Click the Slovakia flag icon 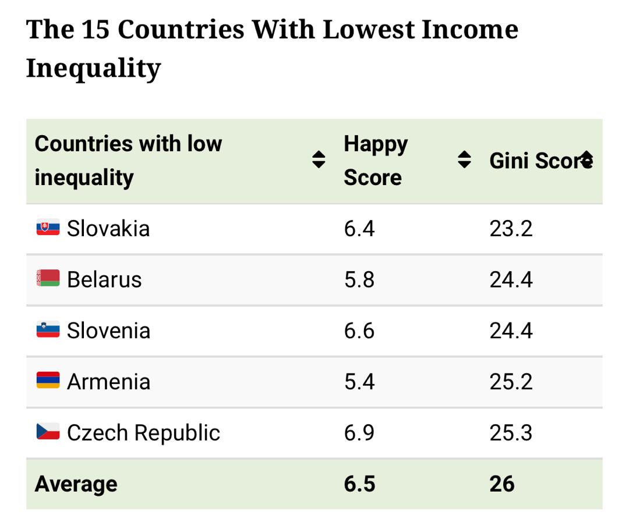48,228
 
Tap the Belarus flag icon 48,279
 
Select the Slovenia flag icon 48,330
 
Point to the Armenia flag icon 48,381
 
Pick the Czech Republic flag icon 48,432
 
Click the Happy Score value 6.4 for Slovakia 359,228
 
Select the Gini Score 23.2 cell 511,228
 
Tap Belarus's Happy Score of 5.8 359,279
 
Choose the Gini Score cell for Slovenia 511,331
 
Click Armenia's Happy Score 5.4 359,382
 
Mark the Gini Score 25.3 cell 511,433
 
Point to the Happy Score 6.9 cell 359,433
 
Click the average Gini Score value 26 502,484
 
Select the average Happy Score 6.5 359,484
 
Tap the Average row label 76,484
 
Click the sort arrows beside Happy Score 464,159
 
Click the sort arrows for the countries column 318,159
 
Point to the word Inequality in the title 93,68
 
